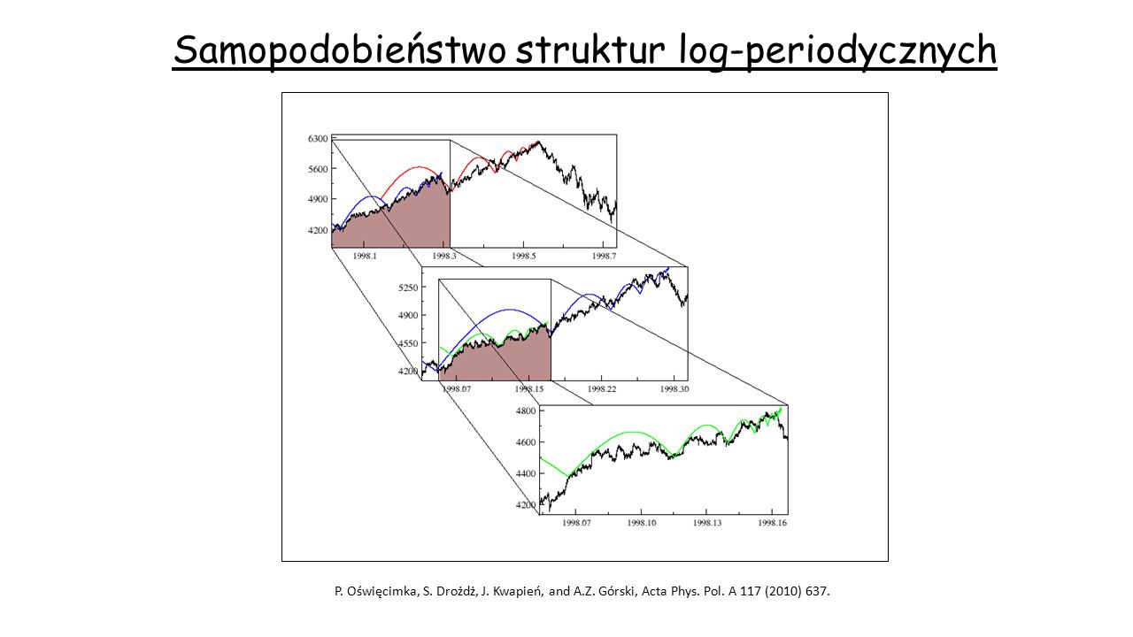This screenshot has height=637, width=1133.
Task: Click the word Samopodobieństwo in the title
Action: point(339,51)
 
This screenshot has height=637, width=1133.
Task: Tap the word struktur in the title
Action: point(590,50)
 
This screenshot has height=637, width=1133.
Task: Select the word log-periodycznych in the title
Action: point(837,51)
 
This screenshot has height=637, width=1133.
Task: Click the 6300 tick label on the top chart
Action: point(318,139)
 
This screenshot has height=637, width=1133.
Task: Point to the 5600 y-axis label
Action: point(318,169)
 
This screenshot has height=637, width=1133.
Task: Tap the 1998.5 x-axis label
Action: point(523,256)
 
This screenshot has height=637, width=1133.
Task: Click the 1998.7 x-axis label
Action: point(604,256)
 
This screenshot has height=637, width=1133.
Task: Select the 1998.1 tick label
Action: point(365,256)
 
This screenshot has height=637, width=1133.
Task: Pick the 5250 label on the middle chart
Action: point(408,288)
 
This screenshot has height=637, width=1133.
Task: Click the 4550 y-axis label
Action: point(408,343)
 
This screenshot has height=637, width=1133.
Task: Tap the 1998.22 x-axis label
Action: point(602,388)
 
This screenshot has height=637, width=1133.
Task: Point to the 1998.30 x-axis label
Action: point(674,388)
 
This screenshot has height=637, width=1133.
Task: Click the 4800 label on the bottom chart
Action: point(526,411)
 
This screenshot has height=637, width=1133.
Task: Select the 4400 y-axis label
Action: point(526,473)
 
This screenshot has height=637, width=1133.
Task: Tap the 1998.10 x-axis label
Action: point(642,523)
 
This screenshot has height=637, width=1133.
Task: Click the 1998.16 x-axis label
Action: point(773,523)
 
